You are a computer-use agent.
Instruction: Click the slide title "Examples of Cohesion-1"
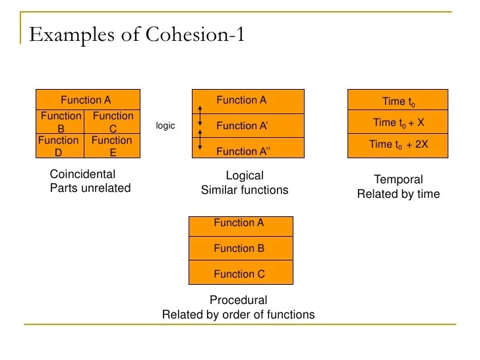tap(137, 34)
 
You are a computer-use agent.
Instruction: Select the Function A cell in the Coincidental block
tap(86, 100)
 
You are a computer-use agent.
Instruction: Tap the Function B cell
tap(61, 122)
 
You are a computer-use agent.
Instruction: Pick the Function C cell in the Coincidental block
tap(113, 122)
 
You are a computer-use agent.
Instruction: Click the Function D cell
tap(59, 146)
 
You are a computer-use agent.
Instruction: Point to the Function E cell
tap(112, 146)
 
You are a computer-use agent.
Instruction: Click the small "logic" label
tap(165, 125)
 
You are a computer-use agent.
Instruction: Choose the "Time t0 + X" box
tap(399, 123)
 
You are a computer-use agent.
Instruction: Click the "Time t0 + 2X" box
tap(399, 145)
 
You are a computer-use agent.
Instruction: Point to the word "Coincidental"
tap(82, 175)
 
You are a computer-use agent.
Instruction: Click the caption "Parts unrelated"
tap(90, 188)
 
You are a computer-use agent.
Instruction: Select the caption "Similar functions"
tap(245, 190)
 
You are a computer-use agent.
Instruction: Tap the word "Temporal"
tap(398, 179)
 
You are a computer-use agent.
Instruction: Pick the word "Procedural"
tap(238, 300)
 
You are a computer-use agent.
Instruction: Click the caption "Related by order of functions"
tap(238, 315)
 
